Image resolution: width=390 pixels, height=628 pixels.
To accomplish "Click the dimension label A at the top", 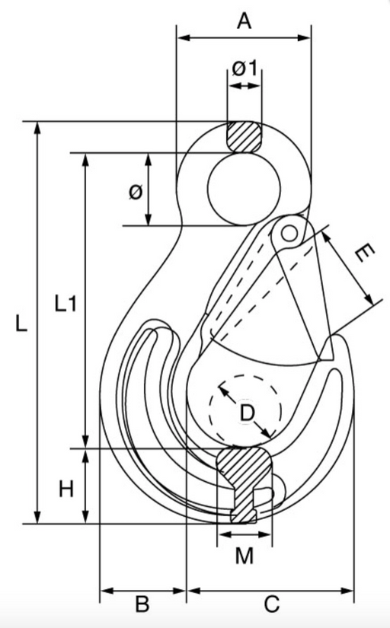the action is (244, 21).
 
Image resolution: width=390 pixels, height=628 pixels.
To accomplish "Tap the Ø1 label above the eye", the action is (245, 68).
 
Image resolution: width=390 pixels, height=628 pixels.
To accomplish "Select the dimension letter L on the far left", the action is (21, 323).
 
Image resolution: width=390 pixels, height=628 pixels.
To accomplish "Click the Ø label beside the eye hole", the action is (136, 192).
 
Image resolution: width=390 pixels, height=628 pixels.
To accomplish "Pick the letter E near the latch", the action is (364, 253).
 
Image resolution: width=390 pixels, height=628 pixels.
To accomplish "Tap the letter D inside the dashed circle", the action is (247, 413).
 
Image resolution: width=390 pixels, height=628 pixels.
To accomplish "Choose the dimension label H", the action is (66, 489).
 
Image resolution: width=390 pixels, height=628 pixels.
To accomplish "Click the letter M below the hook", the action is (245, 556).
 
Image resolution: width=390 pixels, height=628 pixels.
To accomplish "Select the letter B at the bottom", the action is (142, 604).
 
